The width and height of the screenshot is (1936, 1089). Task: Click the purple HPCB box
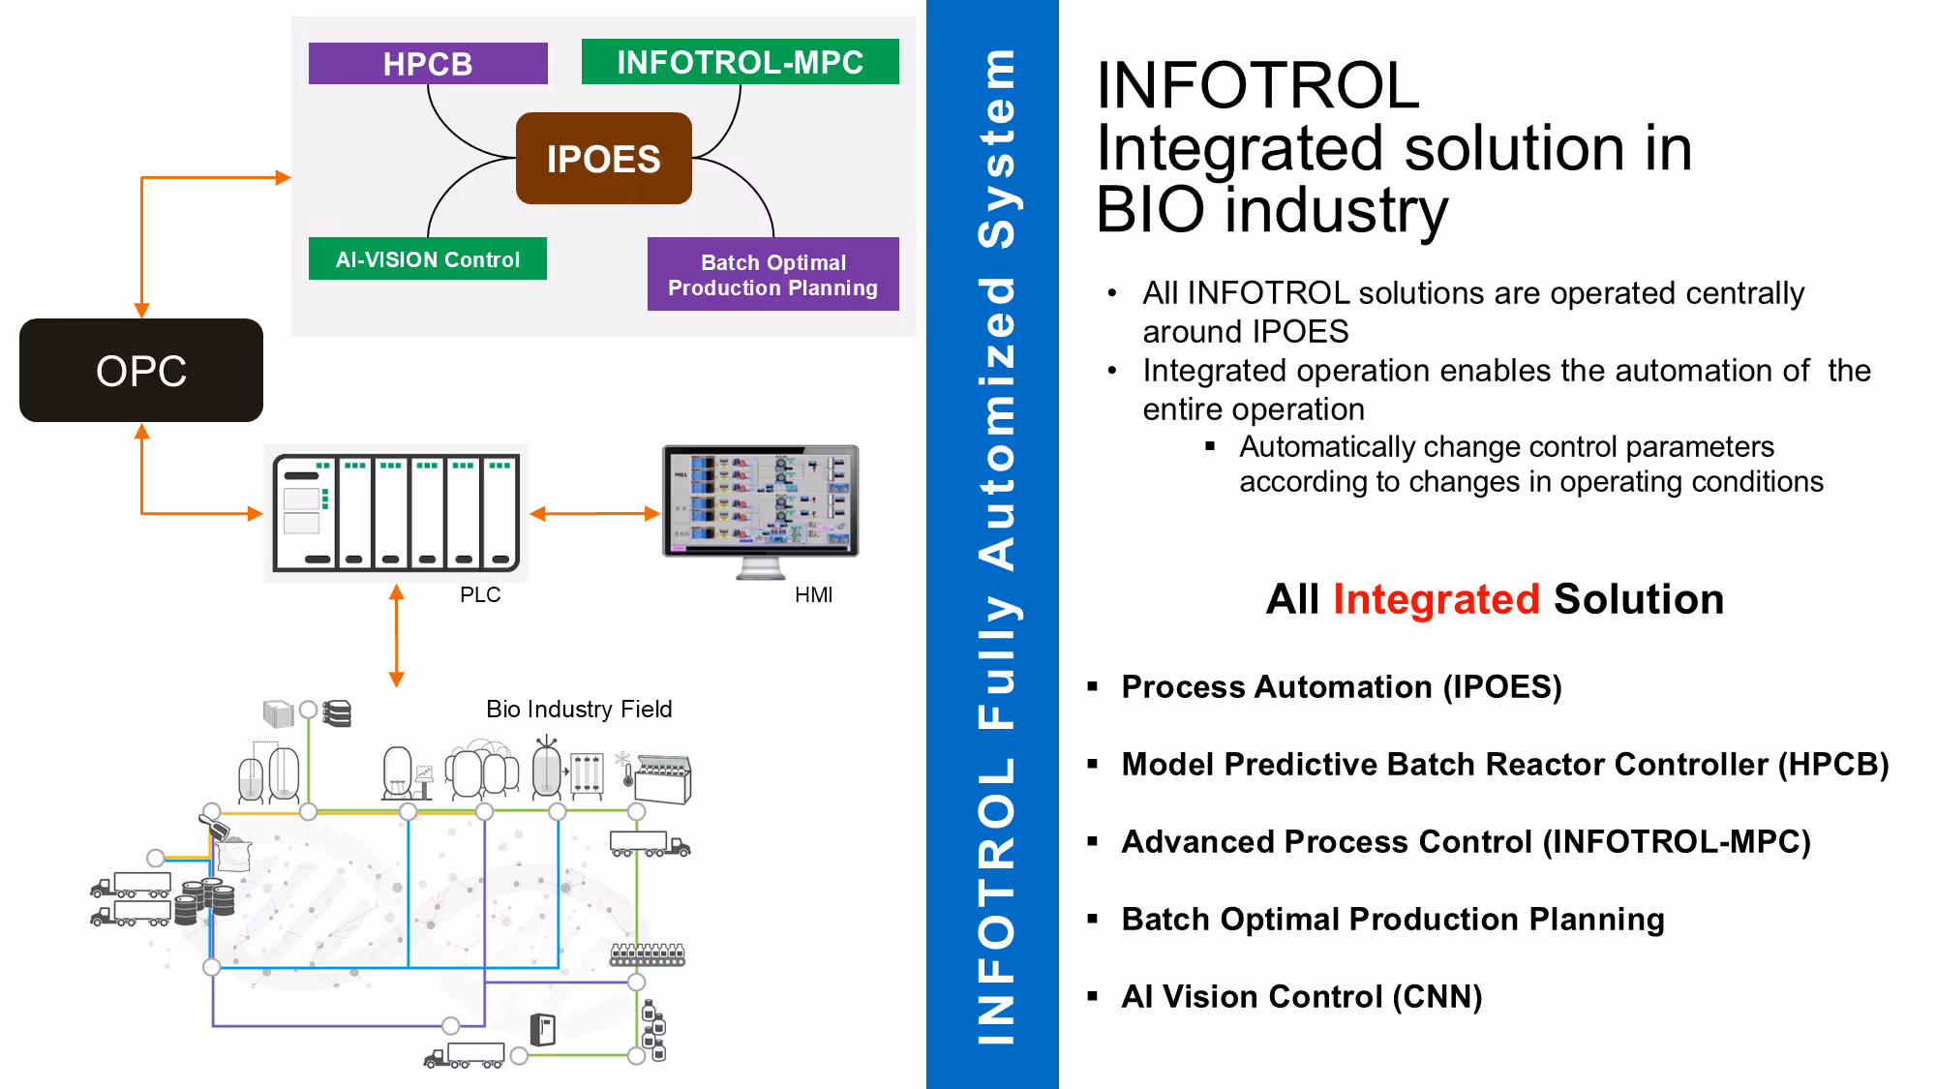428,63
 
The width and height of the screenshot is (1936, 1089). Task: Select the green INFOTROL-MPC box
740,62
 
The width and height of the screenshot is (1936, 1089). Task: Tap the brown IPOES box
604,158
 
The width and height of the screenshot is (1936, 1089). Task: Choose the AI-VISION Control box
428,258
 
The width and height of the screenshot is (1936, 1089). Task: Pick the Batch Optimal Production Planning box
773,274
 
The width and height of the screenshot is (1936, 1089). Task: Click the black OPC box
141,370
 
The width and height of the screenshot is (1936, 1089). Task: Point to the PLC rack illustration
396,512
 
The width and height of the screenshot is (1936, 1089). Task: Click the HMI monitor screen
761,500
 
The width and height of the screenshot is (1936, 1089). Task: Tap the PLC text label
480,594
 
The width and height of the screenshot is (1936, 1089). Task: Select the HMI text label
814,594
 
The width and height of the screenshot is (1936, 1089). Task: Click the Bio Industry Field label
579,710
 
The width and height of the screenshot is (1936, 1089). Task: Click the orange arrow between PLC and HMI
595,514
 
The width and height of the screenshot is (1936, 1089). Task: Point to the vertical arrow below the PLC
396,636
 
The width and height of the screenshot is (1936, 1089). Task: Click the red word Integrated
1437,599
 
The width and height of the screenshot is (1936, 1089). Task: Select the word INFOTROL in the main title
1258,85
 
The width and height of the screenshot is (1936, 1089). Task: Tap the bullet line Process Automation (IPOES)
1342,686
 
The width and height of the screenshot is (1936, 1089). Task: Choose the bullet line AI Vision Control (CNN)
1302,996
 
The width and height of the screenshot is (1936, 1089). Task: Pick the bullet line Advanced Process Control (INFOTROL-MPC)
1466,841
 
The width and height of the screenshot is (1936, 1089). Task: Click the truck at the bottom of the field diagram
465,1055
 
